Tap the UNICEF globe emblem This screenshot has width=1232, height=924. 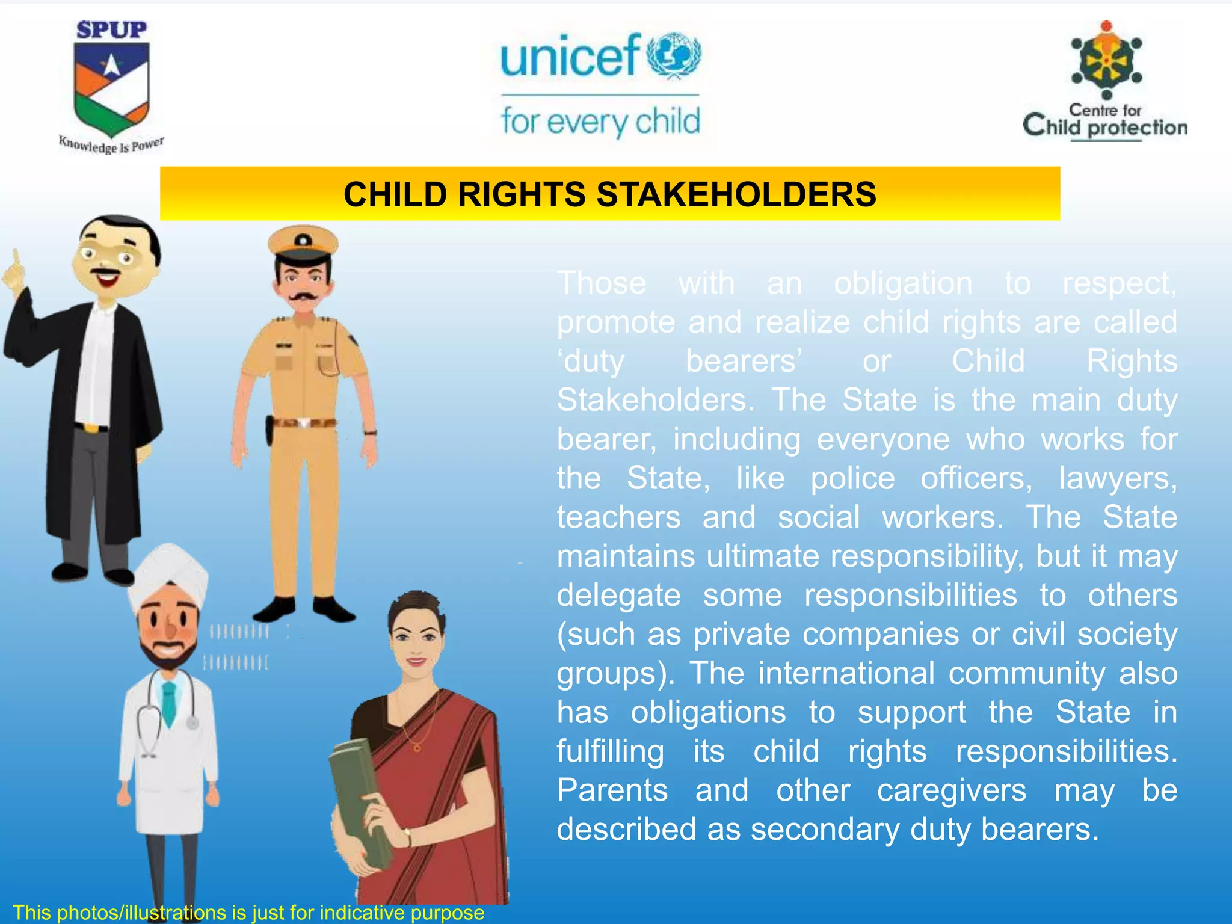(674, 55)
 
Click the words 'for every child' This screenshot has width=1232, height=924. (600, 122)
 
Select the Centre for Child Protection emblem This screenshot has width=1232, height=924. (1106, 60)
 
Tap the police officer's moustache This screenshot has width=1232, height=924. (303, 297)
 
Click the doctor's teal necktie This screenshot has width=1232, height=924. (170, 704)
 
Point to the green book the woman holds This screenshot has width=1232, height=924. (361, 800)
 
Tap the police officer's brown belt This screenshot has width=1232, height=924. (304, 422)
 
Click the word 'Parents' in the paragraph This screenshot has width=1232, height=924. (612, 790)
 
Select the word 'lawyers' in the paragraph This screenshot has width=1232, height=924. (1117, 478)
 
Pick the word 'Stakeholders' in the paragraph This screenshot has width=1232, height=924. (655, 400)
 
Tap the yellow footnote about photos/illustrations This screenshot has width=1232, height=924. (248, 913)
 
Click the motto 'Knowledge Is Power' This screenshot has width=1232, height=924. (111, 145)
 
